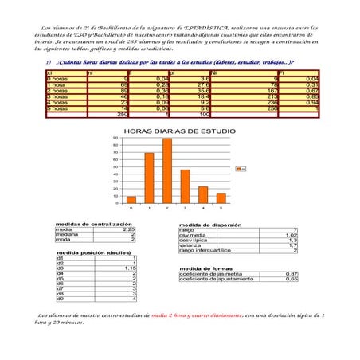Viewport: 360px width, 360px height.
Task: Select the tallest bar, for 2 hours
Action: pyautogui.click(x=167, y=171)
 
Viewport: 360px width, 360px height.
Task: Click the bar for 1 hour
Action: pyautogui.click(x=149, y=178)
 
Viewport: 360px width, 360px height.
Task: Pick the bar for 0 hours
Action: pyautogui.click(x=131, y=200)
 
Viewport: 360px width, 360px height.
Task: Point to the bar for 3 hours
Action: pyautogui.click(x=186, y=186)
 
